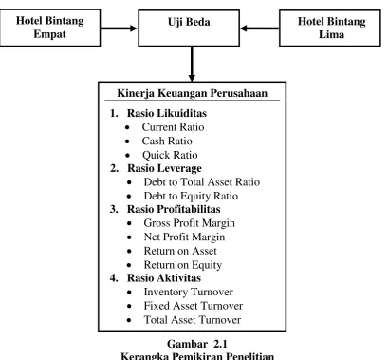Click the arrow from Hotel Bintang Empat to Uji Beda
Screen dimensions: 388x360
coord(119,28)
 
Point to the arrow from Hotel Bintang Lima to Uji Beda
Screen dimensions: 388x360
coord(260,28)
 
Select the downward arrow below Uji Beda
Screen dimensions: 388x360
coord(192,64)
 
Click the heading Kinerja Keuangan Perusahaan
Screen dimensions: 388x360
coord(193,93)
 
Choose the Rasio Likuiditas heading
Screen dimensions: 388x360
coord(167,113)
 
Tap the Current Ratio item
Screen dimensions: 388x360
coord(173,127)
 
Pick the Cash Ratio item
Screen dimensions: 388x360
coord(167,141)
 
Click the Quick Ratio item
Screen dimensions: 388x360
coord(170,155)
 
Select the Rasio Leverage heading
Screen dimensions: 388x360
coord(164,168)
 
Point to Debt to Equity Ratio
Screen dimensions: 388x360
coord(191,196)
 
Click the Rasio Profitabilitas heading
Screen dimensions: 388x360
coord(174,209)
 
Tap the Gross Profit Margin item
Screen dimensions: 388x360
coord(189,223)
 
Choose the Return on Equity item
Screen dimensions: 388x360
coord(183,265)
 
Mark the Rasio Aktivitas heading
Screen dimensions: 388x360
coord(164,278)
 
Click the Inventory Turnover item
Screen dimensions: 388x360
coord(189,292)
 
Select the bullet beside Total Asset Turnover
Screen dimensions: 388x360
coord(129,320)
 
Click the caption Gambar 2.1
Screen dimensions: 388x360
coord(197,344)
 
